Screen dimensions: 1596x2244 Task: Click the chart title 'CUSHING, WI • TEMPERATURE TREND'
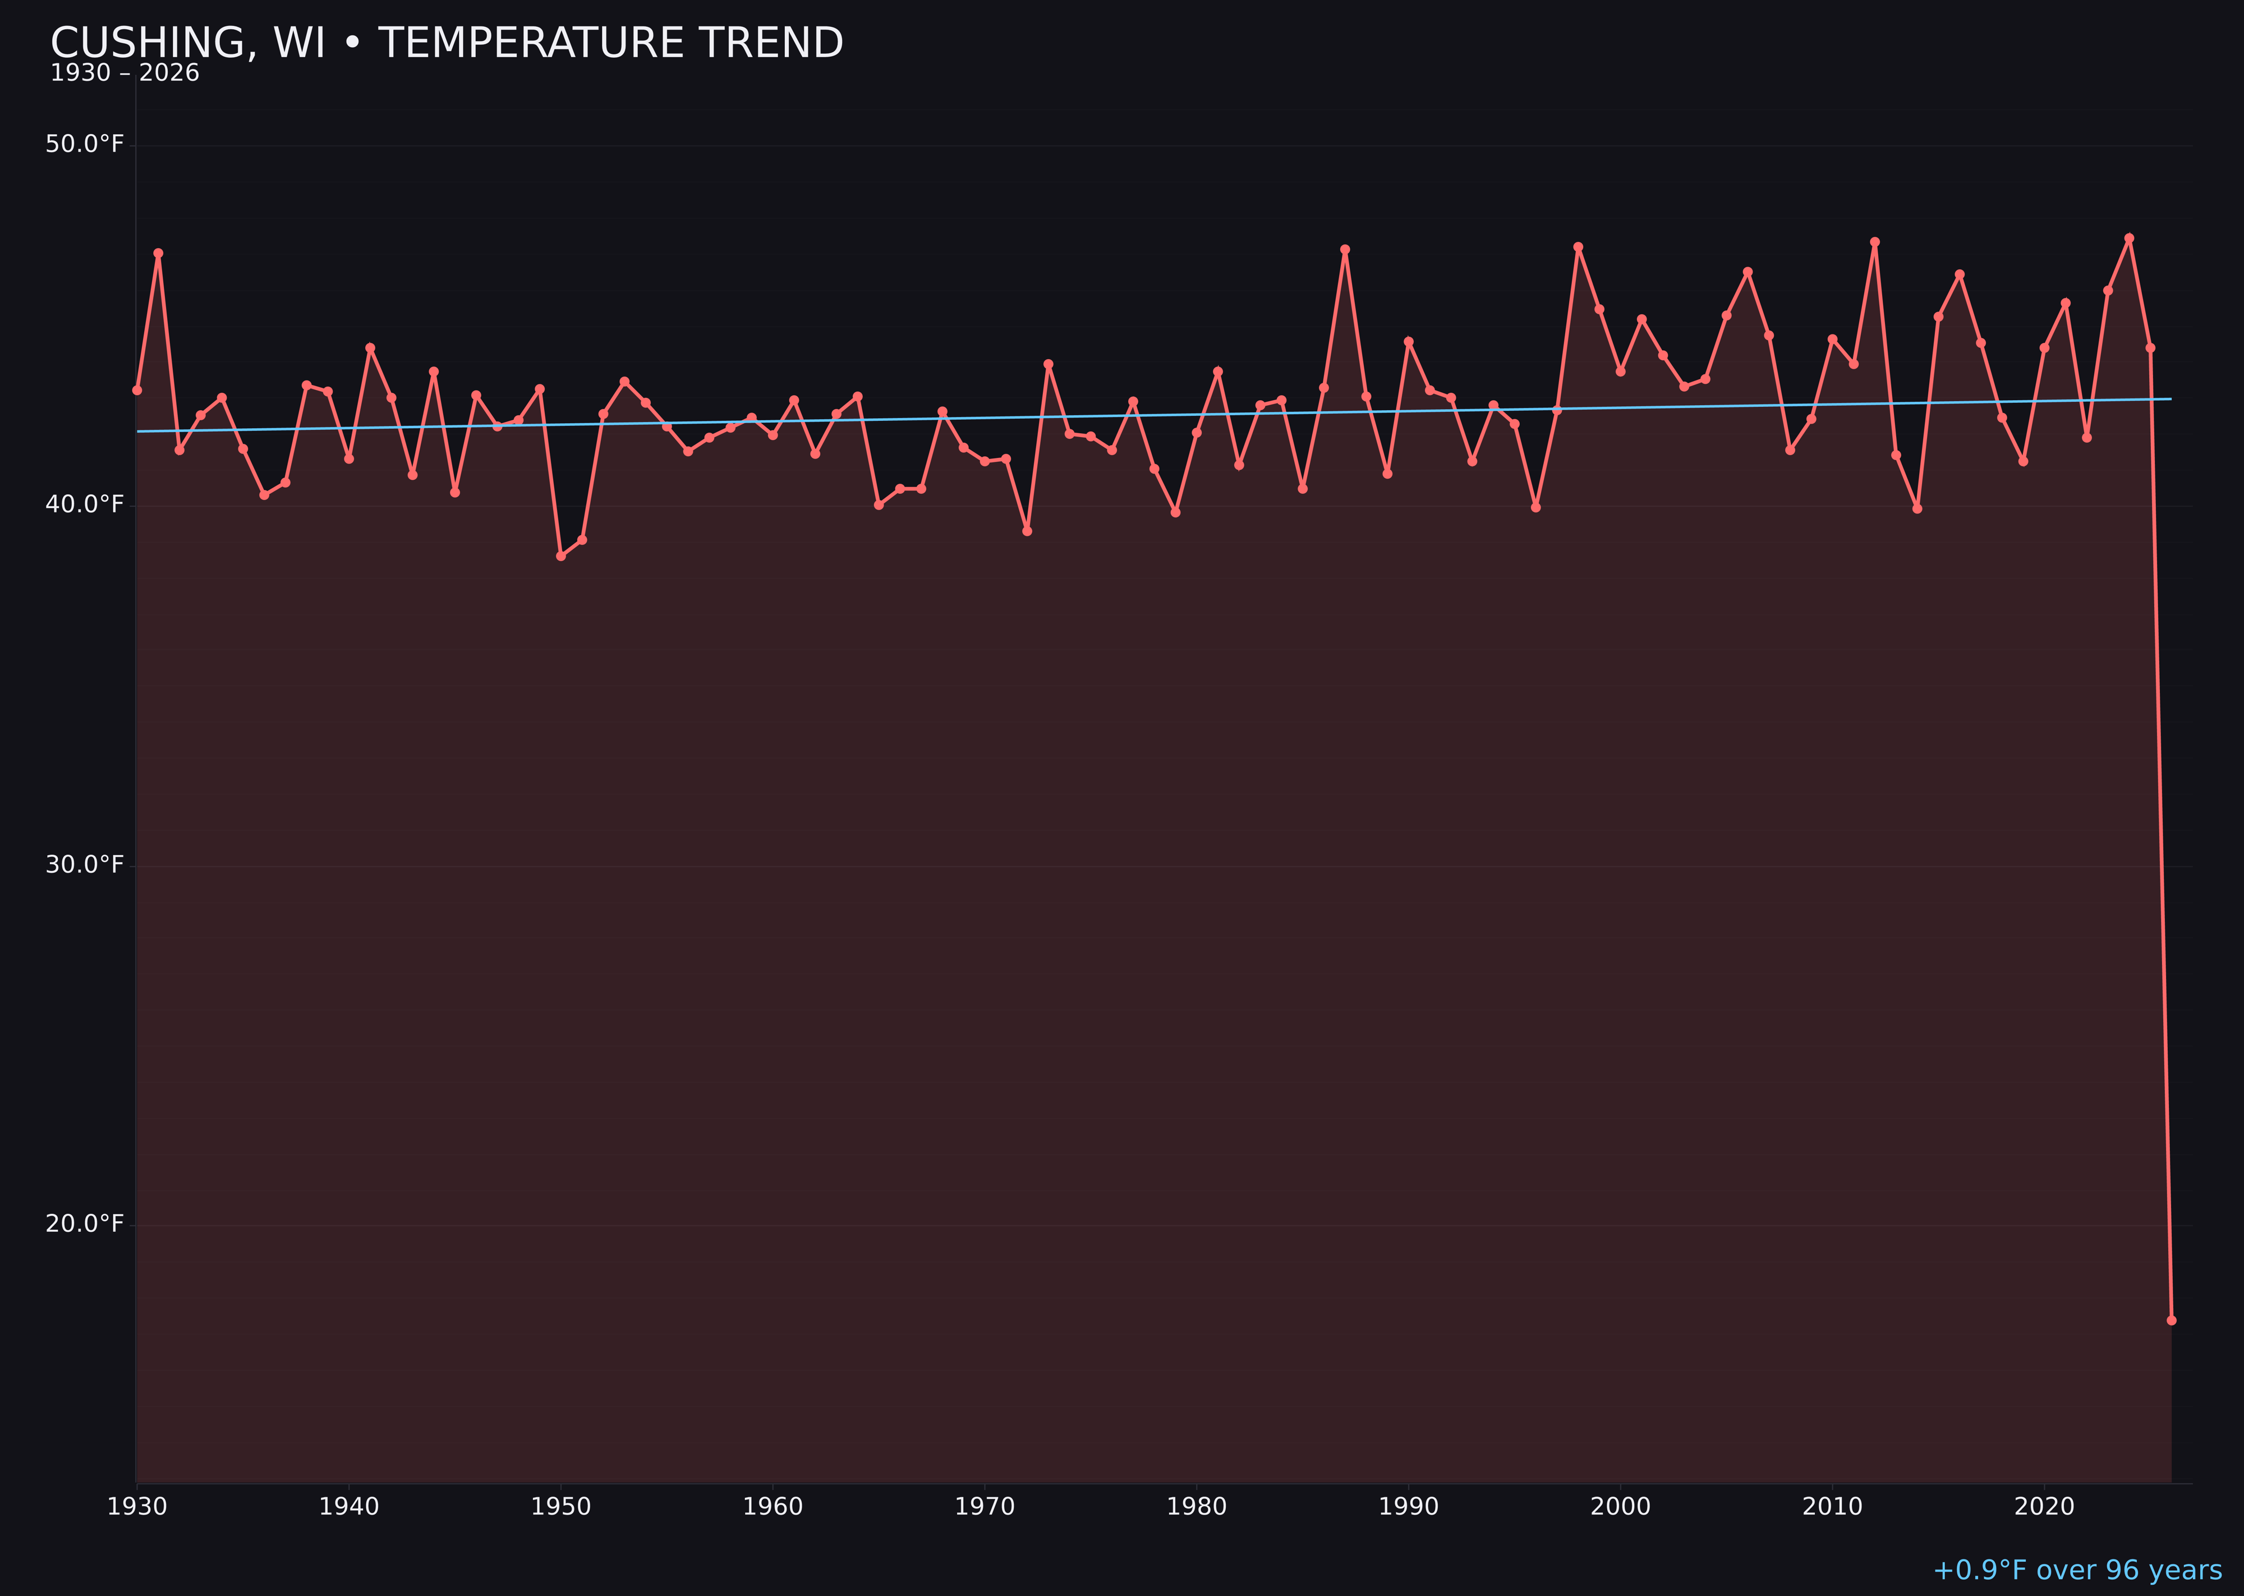[x=447, y=43]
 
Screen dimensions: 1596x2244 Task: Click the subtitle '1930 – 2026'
[x=125, y=74]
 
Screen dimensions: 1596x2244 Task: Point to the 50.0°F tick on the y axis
[x=85, y=144]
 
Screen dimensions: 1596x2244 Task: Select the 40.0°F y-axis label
[x=85, y=504]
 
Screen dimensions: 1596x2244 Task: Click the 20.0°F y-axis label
[x=85, y=1223]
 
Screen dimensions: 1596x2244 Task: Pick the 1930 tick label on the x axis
[x=136, y=1507]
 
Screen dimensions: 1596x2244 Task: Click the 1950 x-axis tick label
[x=561, y=1507]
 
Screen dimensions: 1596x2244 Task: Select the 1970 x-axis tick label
[x=985, y=1507]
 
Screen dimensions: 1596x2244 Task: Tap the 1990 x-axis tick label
[x=1408, y=1507]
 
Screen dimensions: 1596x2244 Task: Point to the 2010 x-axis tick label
[x=1832, y=1507]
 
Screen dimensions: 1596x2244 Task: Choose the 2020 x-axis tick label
[x=2044, y=1507]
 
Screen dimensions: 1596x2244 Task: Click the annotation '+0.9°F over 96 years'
[x=2077, y=1570]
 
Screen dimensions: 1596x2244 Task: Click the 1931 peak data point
[x=158, y=254]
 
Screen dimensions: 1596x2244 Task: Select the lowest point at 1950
[x=561, y=556]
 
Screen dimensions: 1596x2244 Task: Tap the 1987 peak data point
[x=1345, y=250]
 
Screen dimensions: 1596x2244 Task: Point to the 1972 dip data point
[x=1027, y=531]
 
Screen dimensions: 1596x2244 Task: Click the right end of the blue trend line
[x=2171, y=399]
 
